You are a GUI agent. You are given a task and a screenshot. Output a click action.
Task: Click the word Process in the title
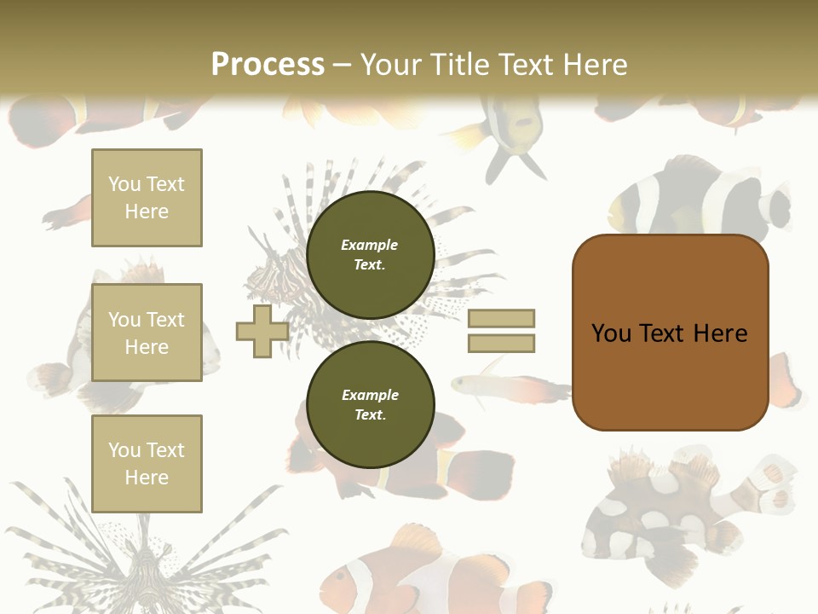point(268,65)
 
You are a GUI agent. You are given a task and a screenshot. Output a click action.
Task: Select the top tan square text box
point(147,198)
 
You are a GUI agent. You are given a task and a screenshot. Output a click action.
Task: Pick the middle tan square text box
point(147,333)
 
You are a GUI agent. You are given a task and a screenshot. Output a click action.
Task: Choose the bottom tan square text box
point(147,464)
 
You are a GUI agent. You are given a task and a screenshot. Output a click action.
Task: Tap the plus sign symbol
point(262,332)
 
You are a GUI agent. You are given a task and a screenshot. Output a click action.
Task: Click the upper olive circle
point(370,254)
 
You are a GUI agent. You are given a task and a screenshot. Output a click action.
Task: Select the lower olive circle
point(370,404)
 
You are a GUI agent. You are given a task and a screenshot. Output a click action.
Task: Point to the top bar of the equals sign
point(501,319)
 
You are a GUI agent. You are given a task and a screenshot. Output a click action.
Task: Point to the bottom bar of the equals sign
point(501,343)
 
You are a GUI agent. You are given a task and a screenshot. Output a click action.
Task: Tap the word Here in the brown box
point(720,333)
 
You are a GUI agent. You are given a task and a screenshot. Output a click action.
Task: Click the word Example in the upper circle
point(370,245)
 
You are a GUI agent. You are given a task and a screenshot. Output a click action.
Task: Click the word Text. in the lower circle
point(370,414)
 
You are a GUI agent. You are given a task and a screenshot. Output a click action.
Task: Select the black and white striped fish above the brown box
point(699,201)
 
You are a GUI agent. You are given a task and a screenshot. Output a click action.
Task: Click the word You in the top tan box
point(124,184)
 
